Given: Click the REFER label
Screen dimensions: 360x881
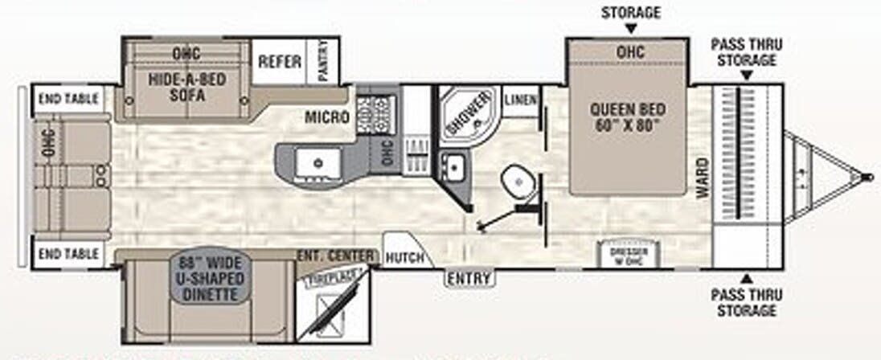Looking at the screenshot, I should pos(279,62).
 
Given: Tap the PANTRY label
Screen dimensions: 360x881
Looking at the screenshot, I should pos(323,60).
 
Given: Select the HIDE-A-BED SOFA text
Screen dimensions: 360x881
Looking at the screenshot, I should pos(187,87).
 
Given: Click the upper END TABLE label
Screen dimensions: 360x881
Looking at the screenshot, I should pos(68,100).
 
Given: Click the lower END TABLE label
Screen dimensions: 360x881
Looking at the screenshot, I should pos(68,255).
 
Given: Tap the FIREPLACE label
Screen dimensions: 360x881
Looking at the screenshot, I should pos(330,276).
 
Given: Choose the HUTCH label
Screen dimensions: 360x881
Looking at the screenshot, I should pos(404,257).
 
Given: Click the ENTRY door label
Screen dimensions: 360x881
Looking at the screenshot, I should pos(469,279).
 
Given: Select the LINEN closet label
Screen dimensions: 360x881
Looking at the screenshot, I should pos(521,100).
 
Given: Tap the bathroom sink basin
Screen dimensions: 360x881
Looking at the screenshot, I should pos(456,167).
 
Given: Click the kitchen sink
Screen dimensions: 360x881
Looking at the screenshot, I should pos(314,162).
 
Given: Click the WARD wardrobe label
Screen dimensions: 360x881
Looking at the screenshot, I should pos(703,178).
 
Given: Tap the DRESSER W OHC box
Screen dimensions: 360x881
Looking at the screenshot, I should pos(634,252).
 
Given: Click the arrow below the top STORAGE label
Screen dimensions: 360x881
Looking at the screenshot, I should pos(630,28).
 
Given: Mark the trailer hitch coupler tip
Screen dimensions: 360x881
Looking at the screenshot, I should pos(866,177).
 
